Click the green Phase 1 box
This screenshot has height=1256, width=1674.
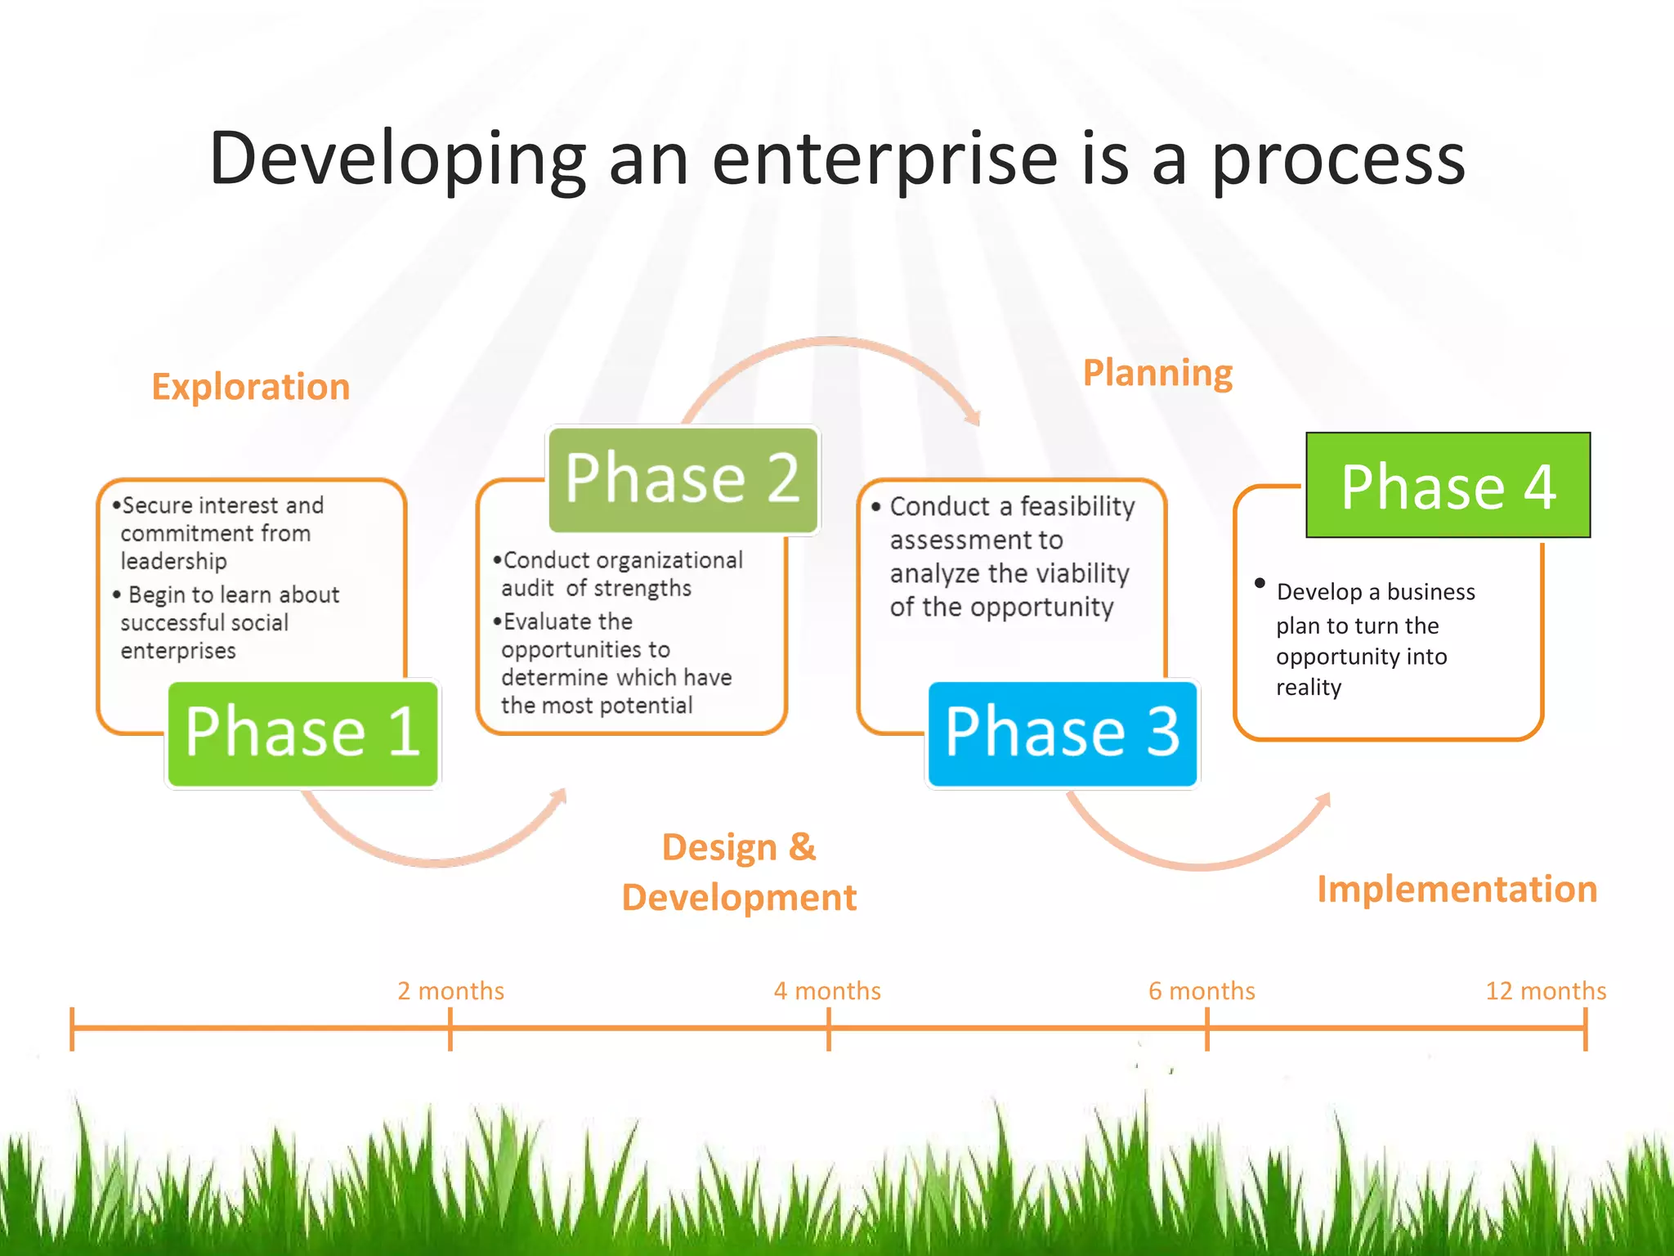(302, 733)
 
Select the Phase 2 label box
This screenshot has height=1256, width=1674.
(683, 479)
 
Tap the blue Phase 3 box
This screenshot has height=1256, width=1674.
(1062, 733)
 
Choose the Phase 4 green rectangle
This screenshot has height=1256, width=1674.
(1448, 486)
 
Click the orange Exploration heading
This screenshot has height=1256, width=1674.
(251, 387)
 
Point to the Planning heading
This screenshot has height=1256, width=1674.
(1157, 373)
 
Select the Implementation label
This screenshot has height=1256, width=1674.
(1457, 889)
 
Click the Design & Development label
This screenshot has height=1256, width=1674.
(739, 872)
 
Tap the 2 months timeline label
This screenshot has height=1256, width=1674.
(450, 991)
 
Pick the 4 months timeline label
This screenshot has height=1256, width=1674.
(827, 991)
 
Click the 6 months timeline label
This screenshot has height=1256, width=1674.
(1202, 991)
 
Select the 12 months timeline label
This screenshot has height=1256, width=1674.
(1545, 991)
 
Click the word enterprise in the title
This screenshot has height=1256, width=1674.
(885, 159)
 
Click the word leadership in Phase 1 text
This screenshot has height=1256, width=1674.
(174, 562)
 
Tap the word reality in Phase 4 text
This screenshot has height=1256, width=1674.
(1309, 688)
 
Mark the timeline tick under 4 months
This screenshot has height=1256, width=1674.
(828, 1029)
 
